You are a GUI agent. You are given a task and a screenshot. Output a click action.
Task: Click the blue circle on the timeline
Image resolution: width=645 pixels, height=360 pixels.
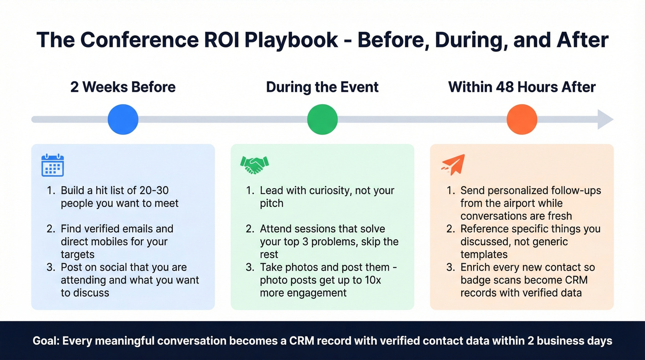pyautogui.click(x=123, y=119)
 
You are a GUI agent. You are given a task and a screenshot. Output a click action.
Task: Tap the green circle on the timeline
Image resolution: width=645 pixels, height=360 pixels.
pyautogui.click(x=322, y=119)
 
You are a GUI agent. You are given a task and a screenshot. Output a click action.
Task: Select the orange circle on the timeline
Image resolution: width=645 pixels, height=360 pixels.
pyautogui.click(x=522, y=119)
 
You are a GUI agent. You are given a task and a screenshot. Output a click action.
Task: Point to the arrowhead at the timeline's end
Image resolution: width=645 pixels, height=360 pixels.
pyautogui.click(x=605, y=119)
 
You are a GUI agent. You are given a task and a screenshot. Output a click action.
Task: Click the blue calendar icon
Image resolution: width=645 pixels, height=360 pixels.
pyautogui.click(x=53, y=165)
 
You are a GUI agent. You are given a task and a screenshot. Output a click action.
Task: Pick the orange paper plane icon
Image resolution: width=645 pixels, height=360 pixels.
pyautogui.click(x=453, y=165)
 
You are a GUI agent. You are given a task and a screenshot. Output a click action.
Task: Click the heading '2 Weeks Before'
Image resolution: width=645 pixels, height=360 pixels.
pyautogui.click(x=123, y=87)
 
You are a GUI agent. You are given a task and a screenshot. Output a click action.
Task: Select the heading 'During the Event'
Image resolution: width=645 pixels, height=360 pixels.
pyautogui.click(x=322, y=87)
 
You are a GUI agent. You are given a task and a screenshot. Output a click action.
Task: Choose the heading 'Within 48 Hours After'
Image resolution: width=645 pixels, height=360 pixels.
pyautogui.click(x=522, y=87)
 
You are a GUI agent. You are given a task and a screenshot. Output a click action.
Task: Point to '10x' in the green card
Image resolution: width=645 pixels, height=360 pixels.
pyautogui.click(x=370, y=280)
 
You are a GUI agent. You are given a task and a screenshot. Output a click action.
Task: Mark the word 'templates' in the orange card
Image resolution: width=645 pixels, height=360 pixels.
pyautogui.click(x=484, y=254)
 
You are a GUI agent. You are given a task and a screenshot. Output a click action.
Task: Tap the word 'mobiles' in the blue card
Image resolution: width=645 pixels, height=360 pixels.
pyautogui.click(x=148, y=242)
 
